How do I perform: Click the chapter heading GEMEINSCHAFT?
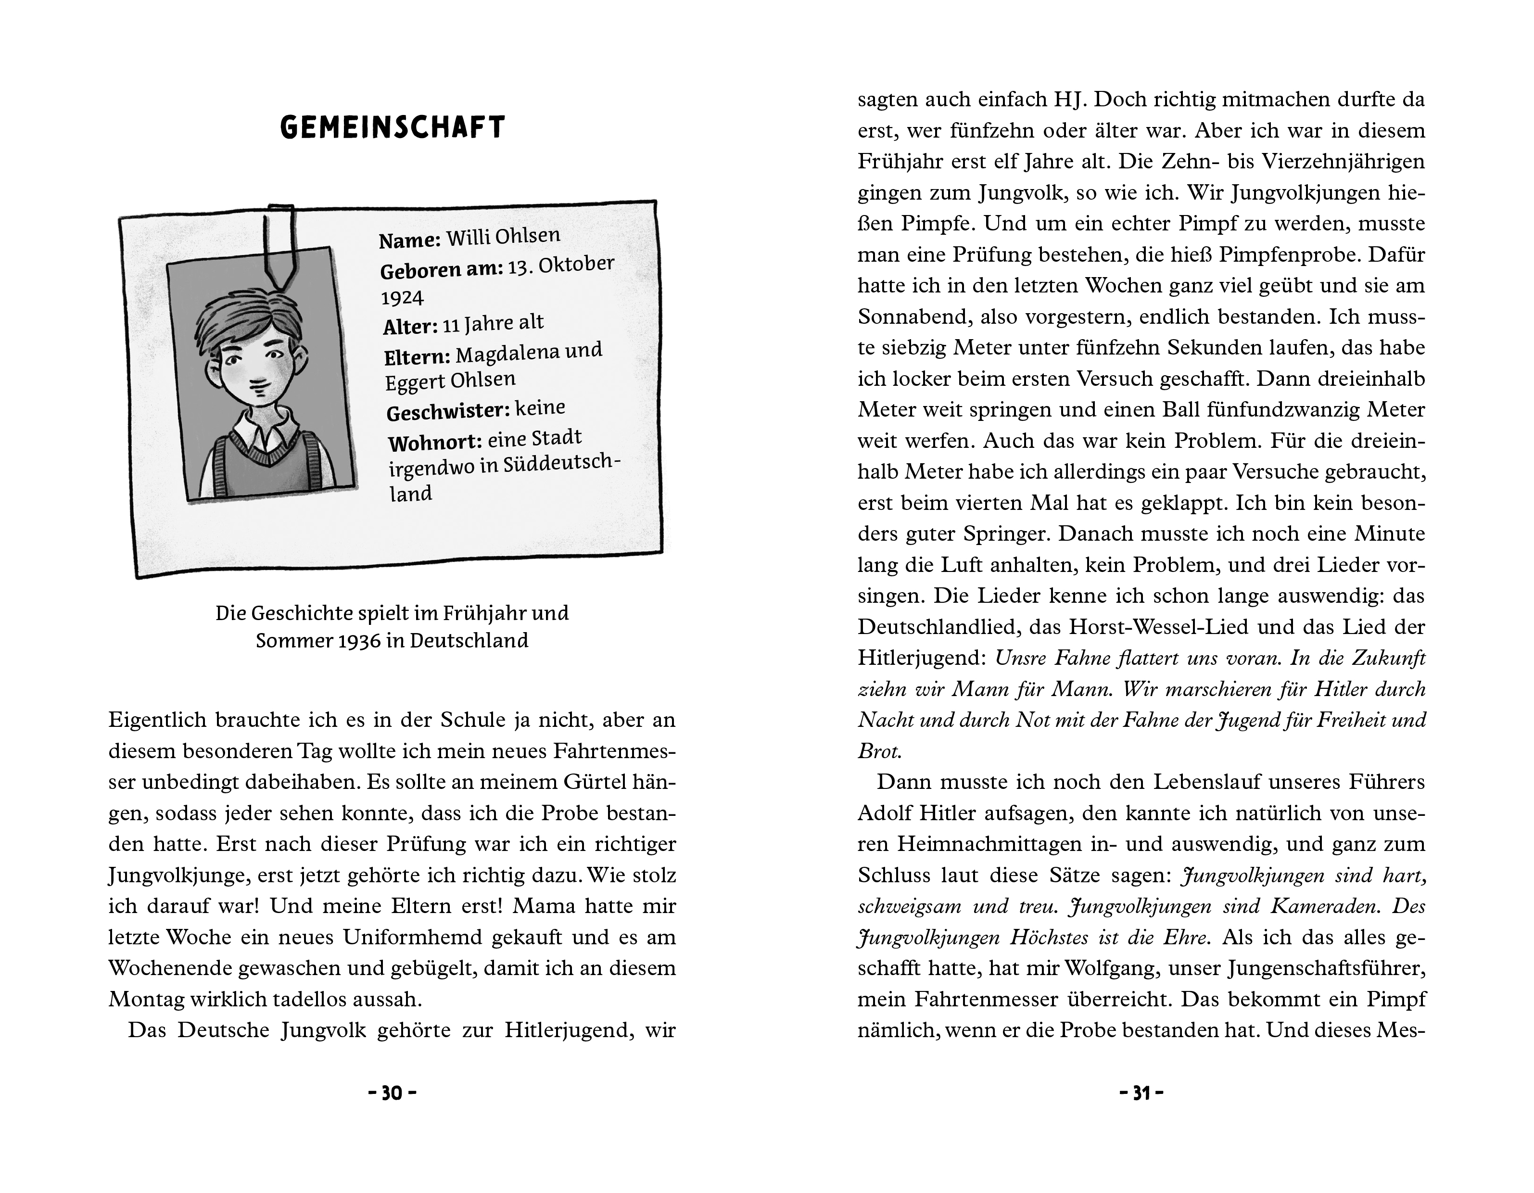393,128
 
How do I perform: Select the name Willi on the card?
469,238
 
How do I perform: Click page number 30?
392,1093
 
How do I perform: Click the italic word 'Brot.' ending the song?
879,751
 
